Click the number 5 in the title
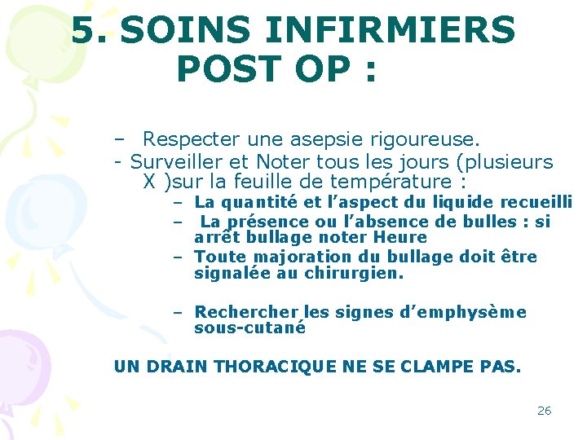point(83,31)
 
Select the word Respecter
point(194,140)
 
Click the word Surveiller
point(177,161)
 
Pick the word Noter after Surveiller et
point(285,161)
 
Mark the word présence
point(264,222)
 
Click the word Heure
point(400,237)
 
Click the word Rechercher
point(247,312)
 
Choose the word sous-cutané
point(249,328)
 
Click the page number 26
point(544,411)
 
